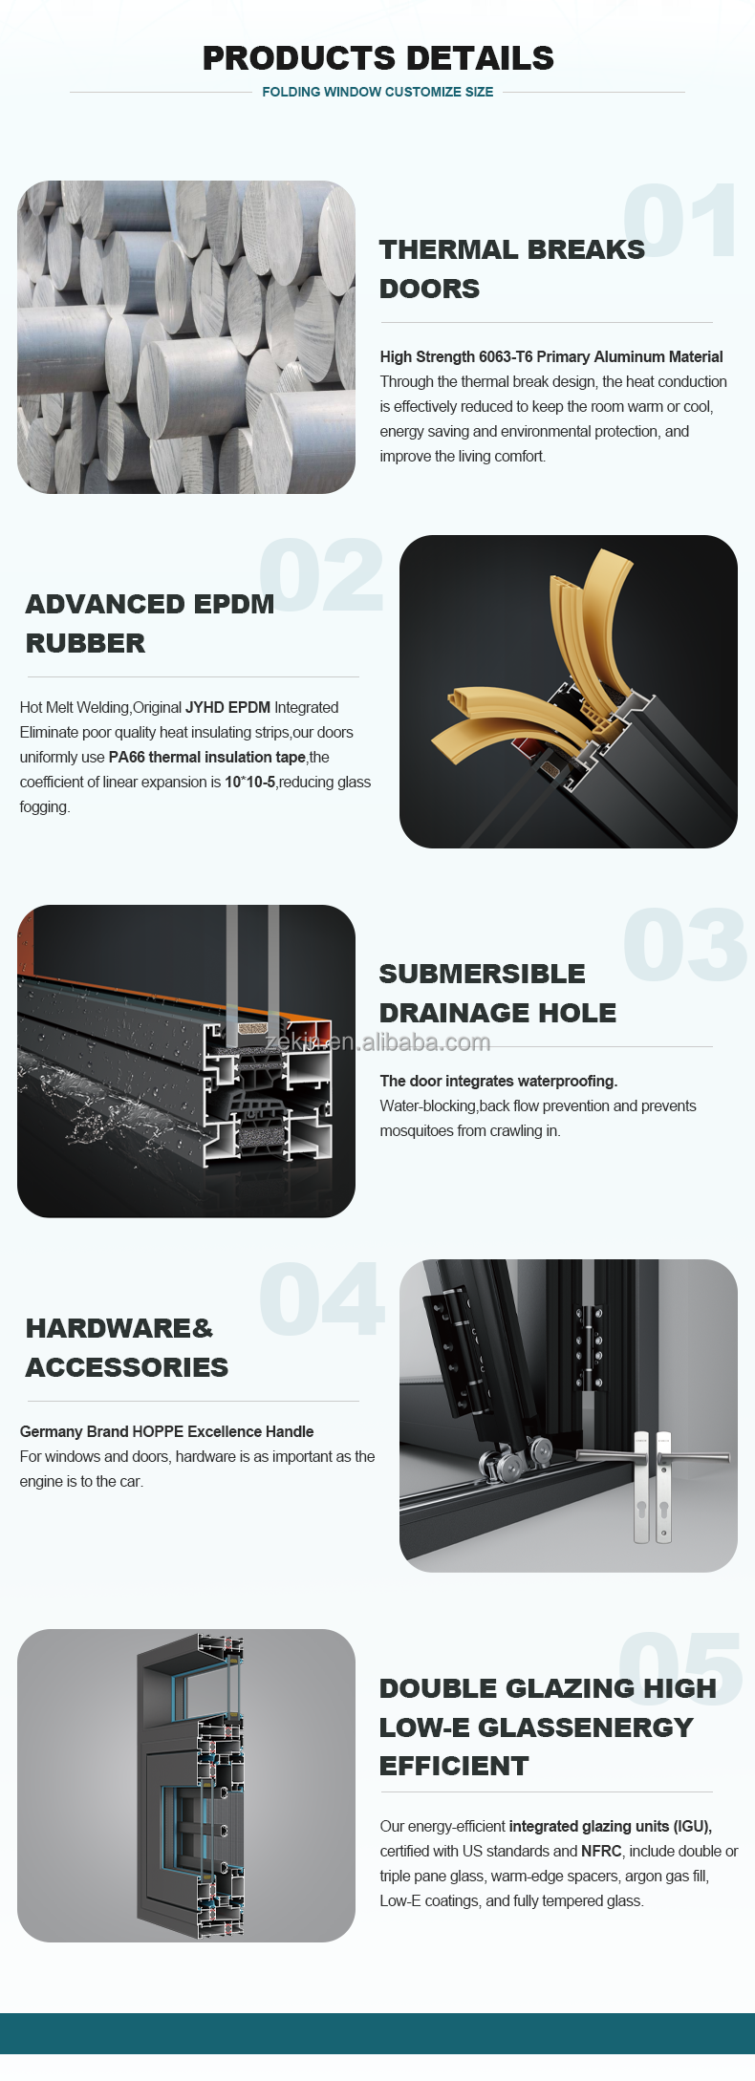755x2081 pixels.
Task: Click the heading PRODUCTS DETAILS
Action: pyautogui.click(x=377, y=58)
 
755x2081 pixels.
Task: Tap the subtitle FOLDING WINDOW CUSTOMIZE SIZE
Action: pyautogui.click(x=377, y=92)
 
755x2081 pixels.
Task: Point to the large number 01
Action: pyautogui.click(x=680, y=220)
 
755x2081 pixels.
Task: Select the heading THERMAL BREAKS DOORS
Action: pyautogui.click(x=511, y=268)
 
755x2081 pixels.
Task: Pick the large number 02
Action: pyautogui.click(x=321, y=574)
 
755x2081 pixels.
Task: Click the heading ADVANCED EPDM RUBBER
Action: pyautogui.click(x=150, y=623)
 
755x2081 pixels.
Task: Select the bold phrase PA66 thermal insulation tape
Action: pyautogui.click(x=207, y=757)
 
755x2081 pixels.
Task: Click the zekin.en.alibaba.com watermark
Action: pyautogui.click(x=377, y=1041)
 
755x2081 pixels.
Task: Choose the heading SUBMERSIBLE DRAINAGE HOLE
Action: pyautogui.click(x=497, y=993)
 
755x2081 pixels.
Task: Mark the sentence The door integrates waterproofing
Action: pyautogui.click(x=499, y=1081)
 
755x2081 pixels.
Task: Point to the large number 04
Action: pyautogui.click(x=321, y=1298)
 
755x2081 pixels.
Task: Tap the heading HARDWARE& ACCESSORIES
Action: pyautogui.click(x=127, y=1347)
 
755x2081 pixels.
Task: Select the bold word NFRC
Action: pyautogui.click(x=601, y=1851)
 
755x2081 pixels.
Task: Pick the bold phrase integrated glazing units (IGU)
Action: pyautogui.click(x=611, y=1826)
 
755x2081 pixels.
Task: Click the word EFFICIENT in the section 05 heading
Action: pyautogui.click(x=454, y=1766)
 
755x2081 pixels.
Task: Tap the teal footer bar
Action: pyautogui.click(x=377, y=2033)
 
